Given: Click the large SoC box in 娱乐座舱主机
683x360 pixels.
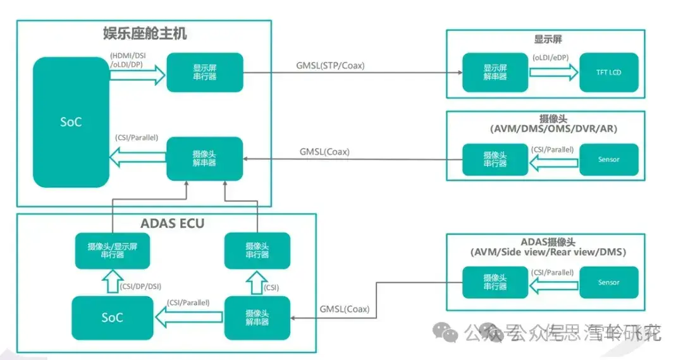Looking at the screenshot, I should (70, 122).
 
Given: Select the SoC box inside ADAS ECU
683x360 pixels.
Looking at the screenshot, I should (112, 317).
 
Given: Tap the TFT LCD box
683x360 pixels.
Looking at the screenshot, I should (608, 72).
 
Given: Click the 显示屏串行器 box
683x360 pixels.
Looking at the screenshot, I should (204, 73).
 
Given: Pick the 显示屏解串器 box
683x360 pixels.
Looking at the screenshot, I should (495, 72).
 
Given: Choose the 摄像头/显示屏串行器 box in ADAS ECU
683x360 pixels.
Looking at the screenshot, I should (112, 250).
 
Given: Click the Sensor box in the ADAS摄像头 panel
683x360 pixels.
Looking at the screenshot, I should (608, 282).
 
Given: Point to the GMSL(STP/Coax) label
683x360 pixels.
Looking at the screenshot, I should (330, 65).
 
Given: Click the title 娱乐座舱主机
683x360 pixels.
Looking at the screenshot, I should (145, 33).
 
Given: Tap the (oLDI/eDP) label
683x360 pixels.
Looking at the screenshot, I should (551, 57).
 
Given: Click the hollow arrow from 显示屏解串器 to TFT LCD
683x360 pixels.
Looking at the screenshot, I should (553, 72).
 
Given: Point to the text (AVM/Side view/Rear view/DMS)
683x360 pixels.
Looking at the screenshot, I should (548, 252).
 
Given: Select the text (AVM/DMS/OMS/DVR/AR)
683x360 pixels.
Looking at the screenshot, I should (548, 129).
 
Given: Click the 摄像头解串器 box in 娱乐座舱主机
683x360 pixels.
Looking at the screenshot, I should (204, 158).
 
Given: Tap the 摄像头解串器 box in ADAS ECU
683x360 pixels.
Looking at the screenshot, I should (257, 317).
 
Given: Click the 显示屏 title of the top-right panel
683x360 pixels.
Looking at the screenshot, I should (548, 40).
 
